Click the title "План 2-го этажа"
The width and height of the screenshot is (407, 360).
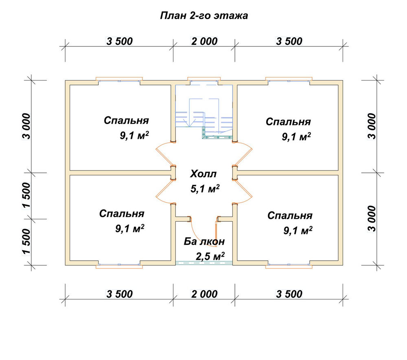point(204,16)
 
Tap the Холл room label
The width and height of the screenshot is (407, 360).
point(203,174)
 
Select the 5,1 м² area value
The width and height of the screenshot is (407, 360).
point(205,189)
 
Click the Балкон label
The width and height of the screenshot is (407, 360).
point(204,242)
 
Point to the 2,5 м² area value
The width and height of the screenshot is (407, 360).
point(210,256)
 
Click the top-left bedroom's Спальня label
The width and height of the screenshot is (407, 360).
point(127,120)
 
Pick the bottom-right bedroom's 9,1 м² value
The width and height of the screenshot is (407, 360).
point(298,230)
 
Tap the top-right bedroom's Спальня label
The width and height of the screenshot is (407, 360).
point(289,122)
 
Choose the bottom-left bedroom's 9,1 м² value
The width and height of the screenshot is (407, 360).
point(130,229)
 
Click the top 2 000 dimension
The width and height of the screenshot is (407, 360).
point(204,41)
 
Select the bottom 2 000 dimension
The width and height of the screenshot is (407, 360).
point(204,294)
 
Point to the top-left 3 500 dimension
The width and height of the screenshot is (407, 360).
point(119,41)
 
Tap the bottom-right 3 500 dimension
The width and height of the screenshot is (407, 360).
point(289,294)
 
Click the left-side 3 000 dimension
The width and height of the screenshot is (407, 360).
point(27,127)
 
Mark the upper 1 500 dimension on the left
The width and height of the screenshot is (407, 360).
point(27,196)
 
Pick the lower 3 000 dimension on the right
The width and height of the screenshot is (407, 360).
point(372,219)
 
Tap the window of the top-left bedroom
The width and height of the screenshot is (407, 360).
point(119,81)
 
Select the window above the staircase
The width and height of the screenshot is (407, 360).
point(204,81)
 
